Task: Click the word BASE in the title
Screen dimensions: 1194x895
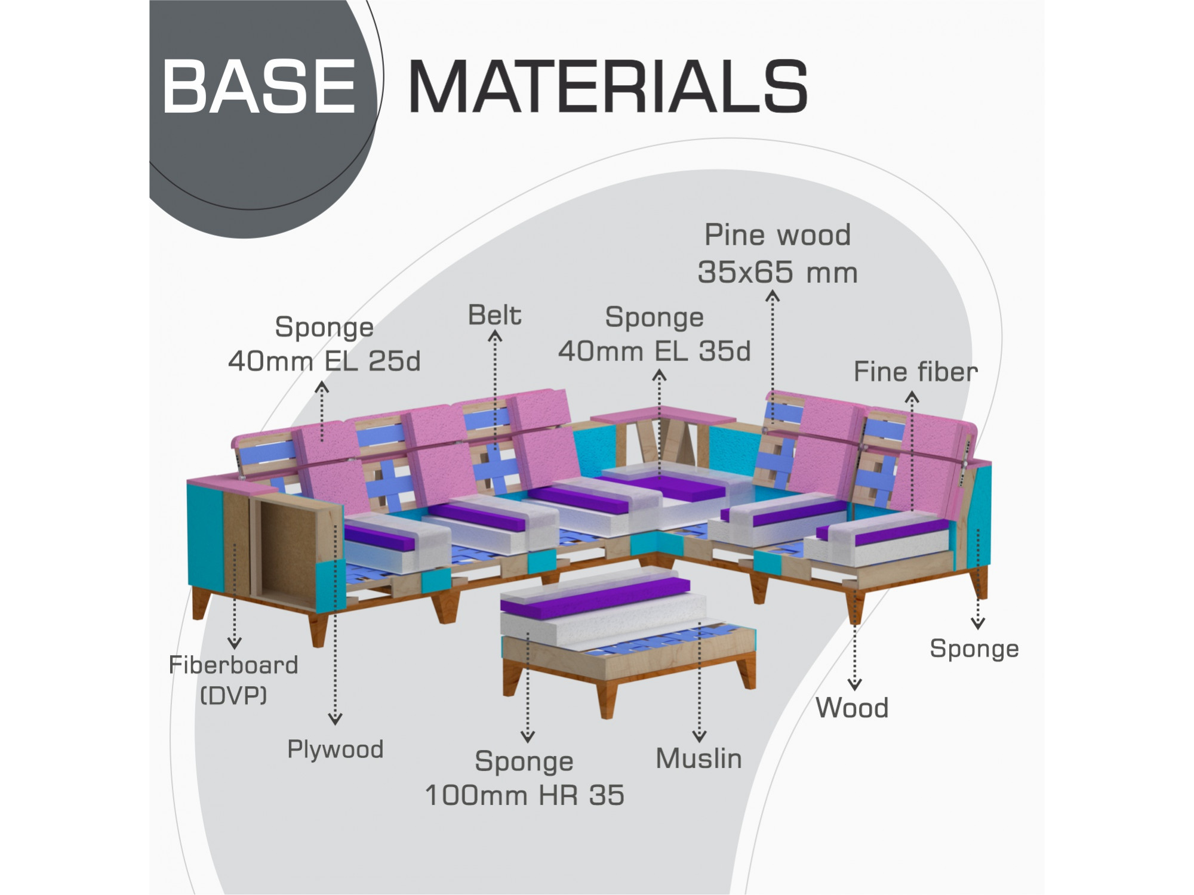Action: pyautogui.click(x=259, y=87)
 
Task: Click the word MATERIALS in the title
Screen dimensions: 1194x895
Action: pyautogui.click(x=608, y=87)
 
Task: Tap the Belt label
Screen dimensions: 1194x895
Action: pyautogui.click(x=494, y=315)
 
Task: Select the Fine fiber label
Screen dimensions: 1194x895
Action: pyautogui.click(x=915, y=372)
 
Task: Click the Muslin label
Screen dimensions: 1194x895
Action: pyautogui.click(x=698, y=758)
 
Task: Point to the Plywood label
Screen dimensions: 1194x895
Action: pyautogui.click(x=335, y=749)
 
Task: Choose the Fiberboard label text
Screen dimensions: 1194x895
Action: pyautogui.click(x=233, y=665)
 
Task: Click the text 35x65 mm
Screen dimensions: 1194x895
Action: pyautogui.click(x=777, y=273)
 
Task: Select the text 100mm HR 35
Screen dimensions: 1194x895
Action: pyautogui.click(x=524, y=795)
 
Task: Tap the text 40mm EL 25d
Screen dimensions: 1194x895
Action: pyautogui.click(x=324, y=361)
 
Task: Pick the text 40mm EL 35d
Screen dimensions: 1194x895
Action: pyautogui.click(x=654, y=351)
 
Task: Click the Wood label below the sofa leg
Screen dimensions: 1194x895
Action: pyautogui.click(x=852, y=708)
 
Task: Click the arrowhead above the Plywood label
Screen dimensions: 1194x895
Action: pyautogui.click(x=336, y=720)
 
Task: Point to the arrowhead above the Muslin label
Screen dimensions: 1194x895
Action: pyautogui.click(x=699, y=737)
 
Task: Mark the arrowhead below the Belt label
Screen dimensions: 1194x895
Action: pyautogui.click(x=495, y=337)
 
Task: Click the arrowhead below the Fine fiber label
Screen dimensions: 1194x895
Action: pyautogui.click(x=912, y=397)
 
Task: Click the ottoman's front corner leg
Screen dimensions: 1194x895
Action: pyautogui.click(x=607, y=699)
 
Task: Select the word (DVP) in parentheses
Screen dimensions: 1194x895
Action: pyautogui.click(x=233, y=695)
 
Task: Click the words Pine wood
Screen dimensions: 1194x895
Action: pyautogui.click(x=777, y=234)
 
